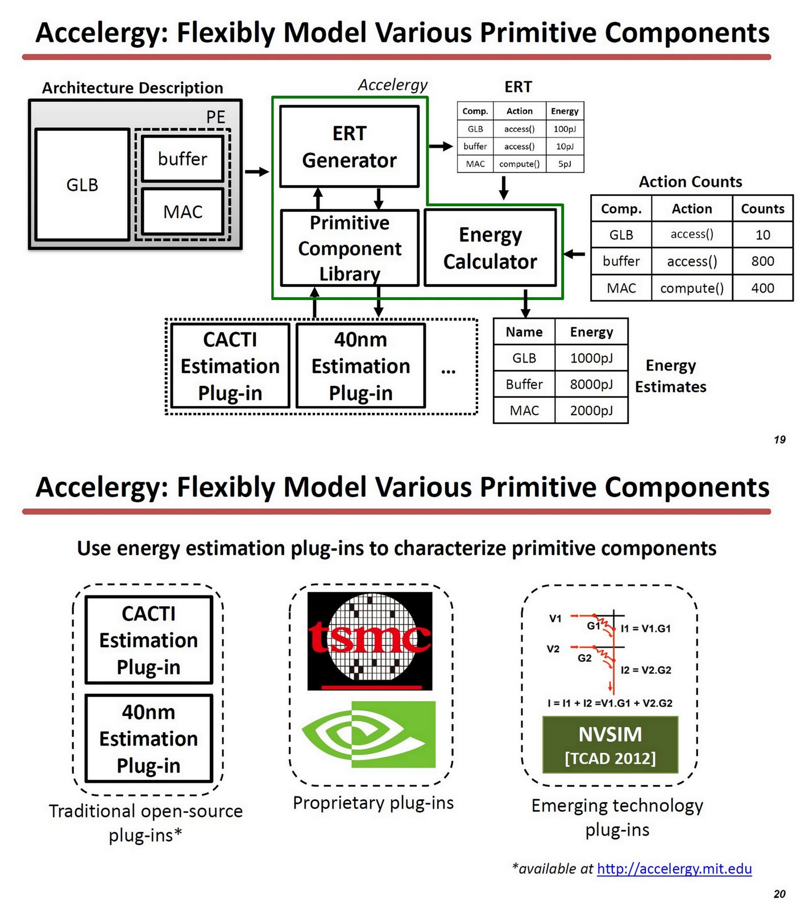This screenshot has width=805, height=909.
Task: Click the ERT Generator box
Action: pos(349,147)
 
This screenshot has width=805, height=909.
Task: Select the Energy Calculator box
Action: pos(489,248)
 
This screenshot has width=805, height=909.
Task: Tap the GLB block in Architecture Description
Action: pos(82,185)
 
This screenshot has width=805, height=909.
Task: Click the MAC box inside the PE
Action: pos(182,212)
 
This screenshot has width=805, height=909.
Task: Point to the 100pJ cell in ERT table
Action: pos(565,129)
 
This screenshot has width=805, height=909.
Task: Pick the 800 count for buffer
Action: pos(762,261)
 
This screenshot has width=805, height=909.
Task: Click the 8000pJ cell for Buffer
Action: pos(591,384)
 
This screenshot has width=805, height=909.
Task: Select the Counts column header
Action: pos(762,209)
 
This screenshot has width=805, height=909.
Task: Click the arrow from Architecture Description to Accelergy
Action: pos(257,172)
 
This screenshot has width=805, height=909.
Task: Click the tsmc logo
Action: pos(370,640)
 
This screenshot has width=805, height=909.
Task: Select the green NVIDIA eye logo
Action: pos(368,734)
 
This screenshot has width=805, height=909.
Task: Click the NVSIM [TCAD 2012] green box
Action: pos(610,745)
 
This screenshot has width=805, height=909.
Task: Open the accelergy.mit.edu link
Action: pos(674,869)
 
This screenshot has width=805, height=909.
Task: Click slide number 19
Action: pos(779,440)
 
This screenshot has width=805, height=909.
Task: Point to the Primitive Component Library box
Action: pos(349,248)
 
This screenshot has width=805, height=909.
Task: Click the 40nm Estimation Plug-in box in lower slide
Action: pos(148,738)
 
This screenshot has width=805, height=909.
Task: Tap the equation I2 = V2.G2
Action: pos(646,670)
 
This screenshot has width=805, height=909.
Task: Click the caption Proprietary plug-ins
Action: pos(373,803)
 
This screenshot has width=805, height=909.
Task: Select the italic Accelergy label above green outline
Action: pos(392,85)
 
